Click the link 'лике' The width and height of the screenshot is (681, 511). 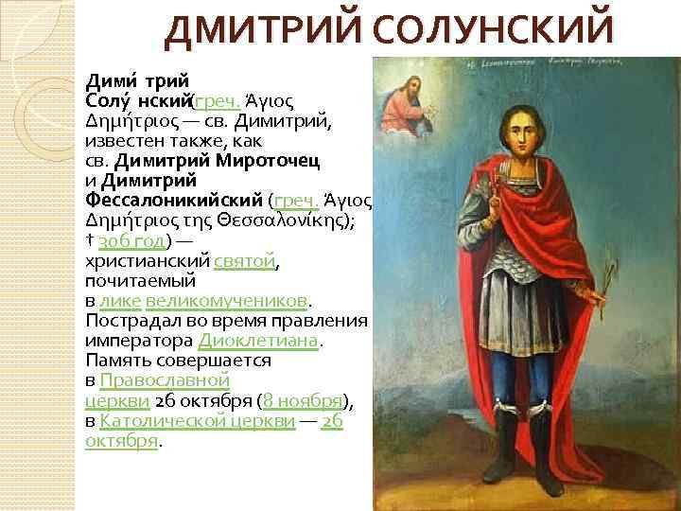120,300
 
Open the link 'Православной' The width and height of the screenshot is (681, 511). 161,380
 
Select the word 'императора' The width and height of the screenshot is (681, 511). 137,341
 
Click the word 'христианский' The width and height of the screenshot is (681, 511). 146,258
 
